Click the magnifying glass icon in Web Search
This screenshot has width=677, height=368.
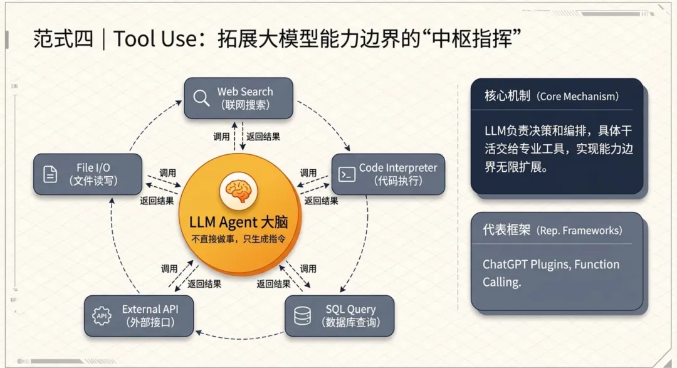(x=201, y=98)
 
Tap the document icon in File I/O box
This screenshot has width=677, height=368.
(x=50, y=174)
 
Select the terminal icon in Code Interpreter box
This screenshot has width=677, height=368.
(x=347, y=174)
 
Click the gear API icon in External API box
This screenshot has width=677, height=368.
(x=102, y=316)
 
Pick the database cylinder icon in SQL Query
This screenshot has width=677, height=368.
(x=302, y=316)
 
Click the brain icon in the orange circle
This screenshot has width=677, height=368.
(x=239, y=191)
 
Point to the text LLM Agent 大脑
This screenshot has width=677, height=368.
(x=238, y=222)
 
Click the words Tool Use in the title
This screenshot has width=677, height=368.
(x=155, y=39)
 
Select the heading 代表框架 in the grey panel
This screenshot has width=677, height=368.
(x=506, y=229)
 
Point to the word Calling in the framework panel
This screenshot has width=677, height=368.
(x=501, y=282)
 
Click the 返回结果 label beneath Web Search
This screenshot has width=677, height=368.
(x=263, y=137)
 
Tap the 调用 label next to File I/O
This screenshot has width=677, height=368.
(x=167, y=173)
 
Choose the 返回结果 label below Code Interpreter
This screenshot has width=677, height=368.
(x=321, y=201)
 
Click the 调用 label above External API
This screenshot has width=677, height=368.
(x=169, y=269)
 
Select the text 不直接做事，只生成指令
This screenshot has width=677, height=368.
(x=238, y=239)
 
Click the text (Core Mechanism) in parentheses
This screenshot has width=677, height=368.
(x=578, y=97)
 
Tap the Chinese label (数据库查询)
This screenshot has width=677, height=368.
(x=351, y=322)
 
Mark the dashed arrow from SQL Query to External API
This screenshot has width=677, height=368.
(x=239, y=339)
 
